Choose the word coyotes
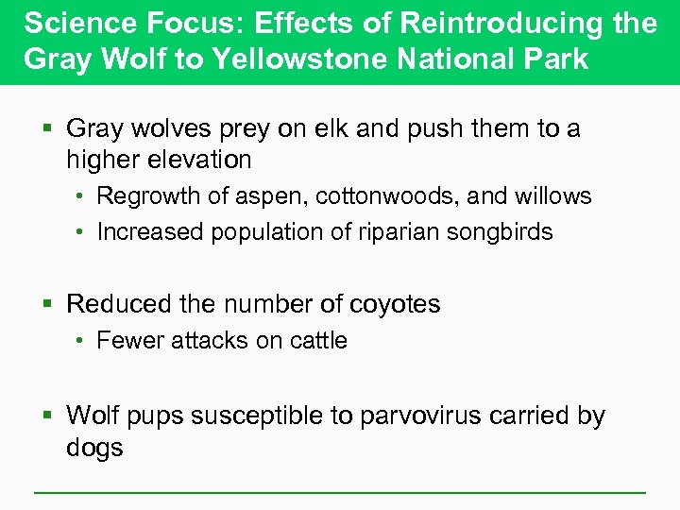[395, 304]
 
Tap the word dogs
[94, 447]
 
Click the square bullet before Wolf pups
[50, 416]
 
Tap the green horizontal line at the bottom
[340, 492]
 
